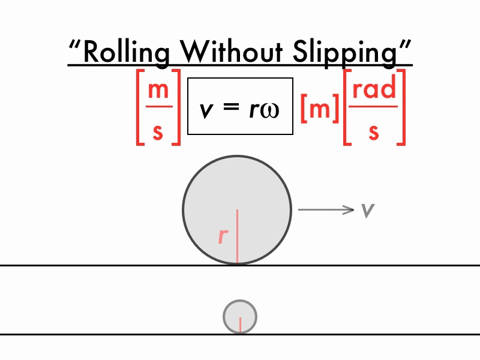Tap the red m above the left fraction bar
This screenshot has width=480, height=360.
[158, 90]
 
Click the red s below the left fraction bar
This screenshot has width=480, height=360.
[158, 131]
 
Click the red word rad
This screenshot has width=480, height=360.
[374, 89]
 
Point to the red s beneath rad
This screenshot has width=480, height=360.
[374, 131]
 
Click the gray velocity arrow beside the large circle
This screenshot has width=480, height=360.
[326, 209]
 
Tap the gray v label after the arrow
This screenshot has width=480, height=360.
[368, 209]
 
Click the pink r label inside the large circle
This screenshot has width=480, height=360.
[223, 236]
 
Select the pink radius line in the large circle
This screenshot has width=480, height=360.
[237, 236]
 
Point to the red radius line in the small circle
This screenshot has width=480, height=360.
[240, 324]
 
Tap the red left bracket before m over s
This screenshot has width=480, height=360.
[140, 108]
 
